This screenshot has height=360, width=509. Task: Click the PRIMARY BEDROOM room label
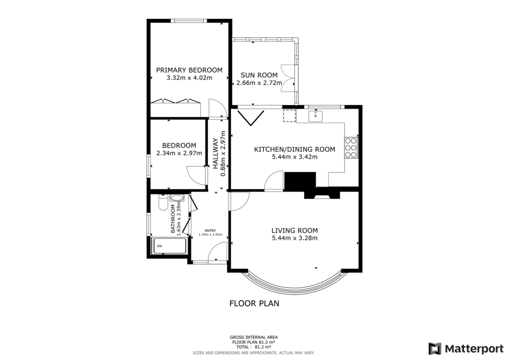(189, 70)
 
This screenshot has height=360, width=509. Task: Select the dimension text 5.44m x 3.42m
(294, 157)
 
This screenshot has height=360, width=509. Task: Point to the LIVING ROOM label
(294, 230)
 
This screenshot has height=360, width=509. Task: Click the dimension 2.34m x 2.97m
(179, 153)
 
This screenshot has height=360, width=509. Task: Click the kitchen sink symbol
(316, 116)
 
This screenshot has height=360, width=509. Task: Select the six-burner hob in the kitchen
(351, 148)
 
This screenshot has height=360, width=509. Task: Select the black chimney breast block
(300, 181)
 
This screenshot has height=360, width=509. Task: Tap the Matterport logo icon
(435, 348)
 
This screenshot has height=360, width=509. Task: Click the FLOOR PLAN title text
(254, 303)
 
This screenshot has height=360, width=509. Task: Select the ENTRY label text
(210, 231)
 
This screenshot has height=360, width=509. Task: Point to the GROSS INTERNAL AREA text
(254, 337)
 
